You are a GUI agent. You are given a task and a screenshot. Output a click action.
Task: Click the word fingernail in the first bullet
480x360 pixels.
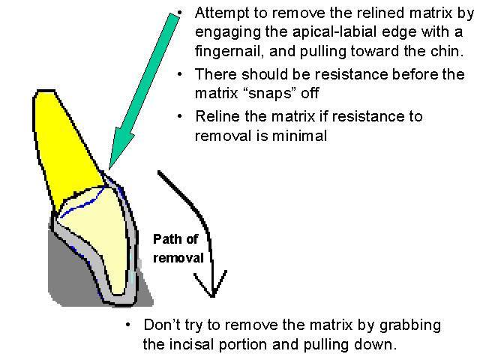(x=229, y=52)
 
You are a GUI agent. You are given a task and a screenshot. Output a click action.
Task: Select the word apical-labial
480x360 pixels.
(x=314, y=34)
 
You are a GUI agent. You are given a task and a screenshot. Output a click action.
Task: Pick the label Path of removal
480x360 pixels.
(x=178, y=248)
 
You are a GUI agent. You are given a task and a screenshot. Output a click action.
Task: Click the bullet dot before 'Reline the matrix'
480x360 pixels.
(x=181, y=116)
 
